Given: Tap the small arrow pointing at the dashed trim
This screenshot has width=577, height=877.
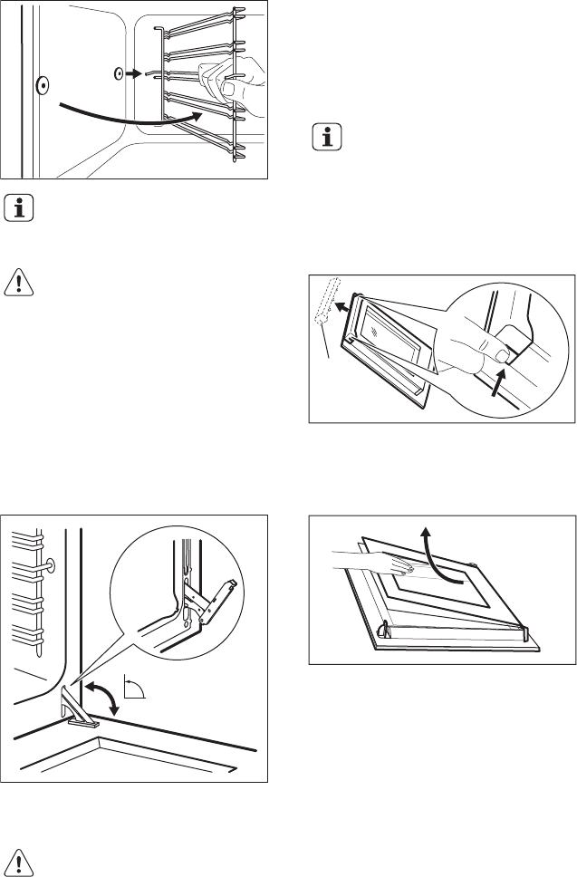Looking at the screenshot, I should (340, 307).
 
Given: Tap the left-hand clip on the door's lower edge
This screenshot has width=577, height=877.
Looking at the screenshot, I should (381, 626).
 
